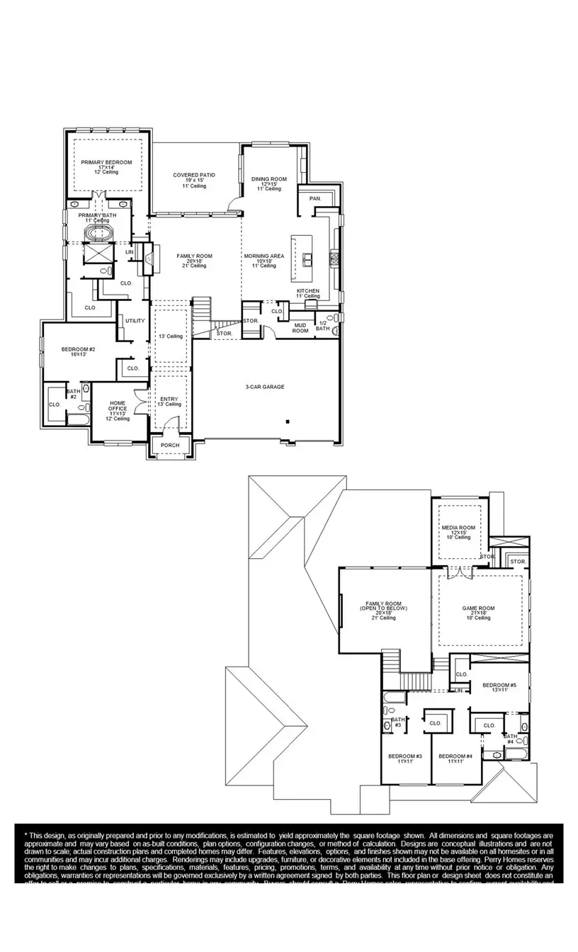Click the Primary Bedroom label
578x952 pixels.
[x=106, y=162]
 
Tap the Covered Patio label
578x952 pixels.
[x=194, y=175]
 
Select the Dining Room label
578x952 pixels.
[x=269, y=179]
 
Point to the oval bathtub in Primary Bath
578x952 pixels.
[x=98, y=233]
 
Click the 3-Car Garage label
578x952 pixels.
[x=265, y=387]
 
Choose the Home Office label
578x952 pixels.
[x=118, y=405]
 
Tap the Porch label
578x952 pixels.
[x=170, y=445]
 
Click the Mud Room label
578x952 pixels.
[x=300, y=328]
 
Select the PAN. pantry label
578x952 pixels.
[x=315, y=199]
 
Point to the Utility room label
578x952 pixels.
[x=135, y=321]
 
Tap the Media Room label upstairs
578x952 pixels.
[x=458, y=528]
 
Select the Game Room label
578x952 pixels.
[x=478, y=608]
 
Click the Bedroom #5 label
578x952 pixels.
[x=500, y=685]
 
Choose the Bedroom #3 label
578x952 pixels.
[x=405, y=756]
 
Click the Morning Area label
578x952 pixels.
[x=264, y=256]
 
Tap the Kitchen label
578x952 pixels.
[x=308, y=291]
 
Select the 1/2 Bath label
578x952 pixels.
[x=322, y=326]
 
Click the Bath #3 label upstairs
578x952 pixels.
[x=397, y=722]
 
